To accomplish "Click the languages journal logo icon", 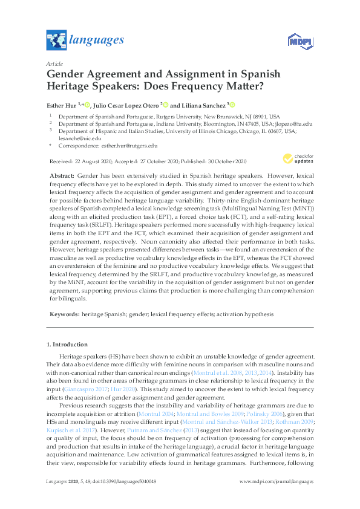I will pyautogui.click(x=56, y=41).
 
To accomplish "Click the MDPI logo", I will pyautogui.click(x=299, y=41).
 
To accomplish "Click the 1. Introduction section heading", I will pyautogui.click(x=67, y=344).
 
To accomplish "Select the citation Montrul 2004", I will pyautogui.click(x=156, y=415).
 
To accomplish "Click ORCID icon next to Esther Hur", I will pyautogui.click(x=87, y=104).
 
